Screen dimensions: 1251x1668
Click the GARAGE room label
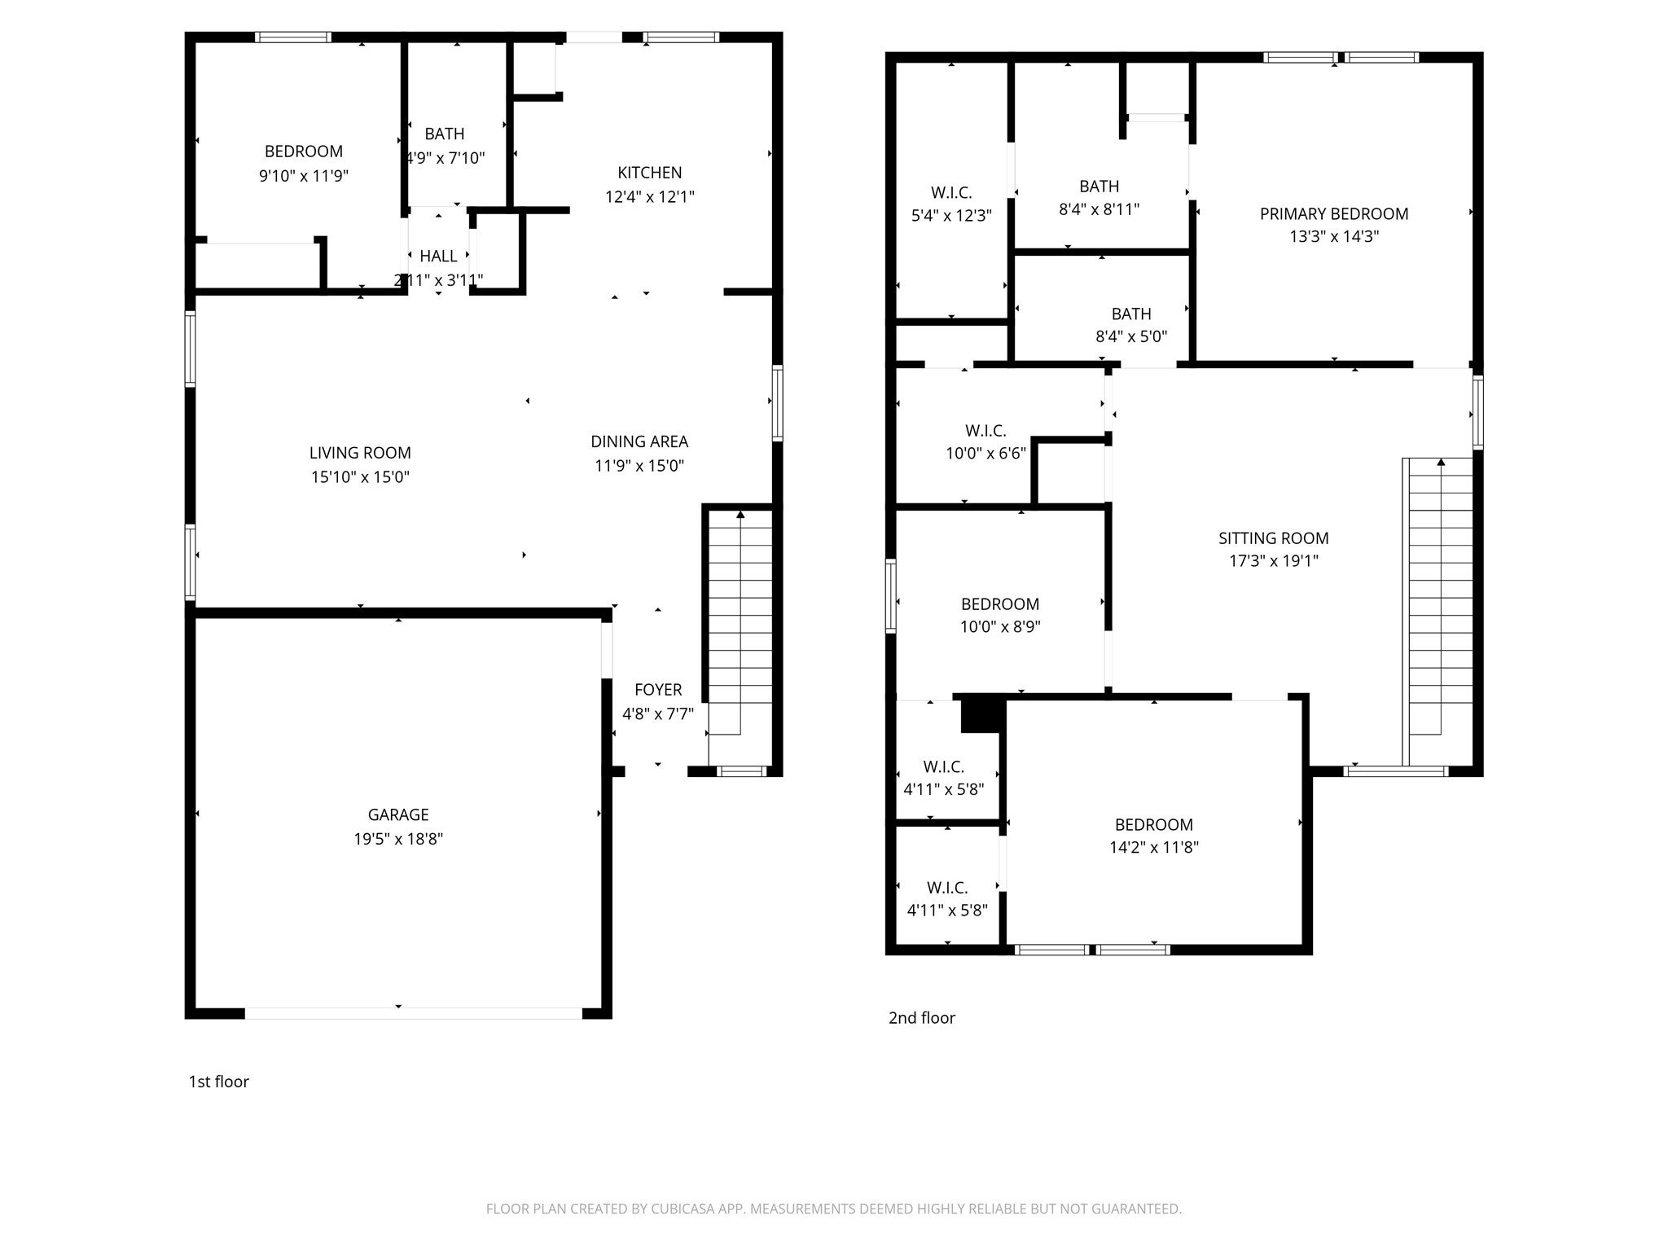pos(397,814)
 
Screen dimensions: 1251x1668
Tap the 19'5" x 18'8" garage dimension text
pos(397,839)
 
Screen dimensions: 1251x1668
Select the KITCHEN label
pos(649,173)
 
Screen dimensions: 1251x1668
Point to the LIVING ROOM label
pos(360,453)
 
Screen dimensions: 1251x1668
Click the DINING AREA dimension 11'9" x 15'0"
pos(639,466)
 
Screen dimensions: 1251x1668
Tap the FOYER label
pos(657,690)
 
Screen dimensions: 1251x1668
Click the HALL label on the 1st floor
pos(438,257)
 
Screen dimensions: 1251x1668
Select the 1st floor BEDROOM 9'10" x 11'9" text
pos(304,176)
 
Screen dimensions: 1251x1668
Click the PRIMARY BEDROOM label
pos(1333,214)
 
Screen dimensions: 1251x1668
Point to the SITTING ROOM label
pos(1273,538)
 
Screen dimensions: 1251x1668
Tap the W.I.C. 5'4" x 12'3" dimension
pos(950,216)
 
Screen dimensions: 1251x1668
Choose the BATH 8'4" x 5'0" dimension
pos(1130,336)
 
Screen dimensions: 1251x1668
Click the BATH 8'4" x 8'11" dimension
pos(1099,209)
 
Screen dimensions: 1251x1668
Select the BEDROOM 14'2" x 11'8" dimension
pos(1153,847)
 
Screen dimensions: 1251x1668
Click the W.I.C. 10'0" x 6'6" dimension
pos(985,454)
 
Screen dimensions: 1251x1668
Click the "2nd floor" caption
pos(921,1018)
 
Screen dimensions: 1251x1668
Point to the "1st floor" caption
pos(218,1082)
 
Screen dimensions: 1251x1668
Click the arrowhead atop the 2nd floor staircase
pos(1441,463)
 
